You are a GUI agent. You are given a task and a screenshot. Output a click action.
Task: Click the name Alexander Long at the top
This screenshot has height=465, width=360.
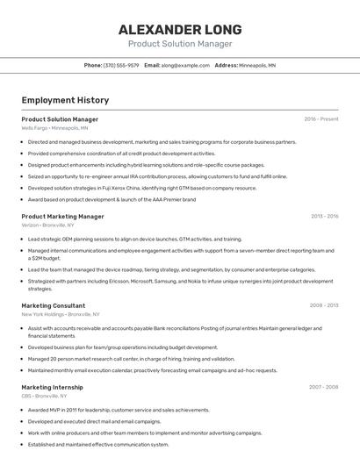pyautogui.click(x=180, y=29)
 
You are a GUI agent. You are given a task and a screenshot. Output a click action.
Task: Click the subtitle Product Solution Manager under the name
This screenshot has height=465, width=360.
pyautogui.click(x=180, y=44)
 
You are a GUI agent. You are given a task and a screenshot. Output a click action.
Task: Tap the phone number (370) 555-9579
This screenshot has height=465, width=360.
pyautogui.click(x=121, y=65)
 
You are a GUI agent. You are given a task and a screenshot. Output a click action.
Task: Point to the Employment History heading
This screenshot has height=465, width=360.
pyautogui.click(x=59, y=100)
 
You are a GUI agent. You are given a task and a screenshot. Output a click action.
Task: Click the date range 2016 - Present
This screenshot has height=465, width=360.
pyautogui.click(x=321, y=118)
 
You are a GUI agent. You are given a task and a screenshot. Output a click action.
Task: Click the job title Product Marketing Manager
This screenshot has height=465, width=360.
pyautogui.click(x=62, y=216)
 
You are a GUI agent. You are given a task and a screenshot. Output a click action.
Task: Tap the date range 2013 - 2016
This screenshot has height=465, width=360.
pyautogui.click(x=324, y=216)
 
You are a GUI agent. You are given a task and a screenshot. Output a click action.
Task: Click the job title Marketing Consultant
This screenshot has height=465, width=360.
pyautogui.click(x=53, y=305)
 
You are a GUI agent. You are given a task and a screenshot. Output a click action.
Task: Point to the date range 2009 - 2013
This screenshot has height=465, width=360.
pyautogui.click(x=324, y=305)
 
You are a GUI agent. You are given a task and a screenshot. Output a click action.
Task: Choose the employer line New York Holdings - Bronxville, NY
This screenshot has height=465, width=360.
pyautogui.click(x=60, y=314)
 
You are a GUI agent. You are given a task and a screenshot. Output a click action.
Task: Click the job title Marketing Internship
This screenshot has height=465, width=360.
pyautogui.click(x=53, y=386)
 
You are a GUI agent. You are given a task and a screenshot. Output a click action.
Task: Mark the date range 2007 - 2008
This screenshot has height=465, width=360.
pyautogui.click(x=324, y=386)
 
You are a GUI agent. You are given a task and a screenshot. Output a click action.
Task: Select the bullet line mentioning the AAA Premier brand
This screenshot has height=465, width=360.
pyautogui.click(x=112, y=199)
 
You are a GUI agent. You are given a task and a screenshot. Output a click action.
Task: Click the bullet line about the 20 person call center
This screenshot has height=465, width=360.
pyautogui.click(x=131, y=359)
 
